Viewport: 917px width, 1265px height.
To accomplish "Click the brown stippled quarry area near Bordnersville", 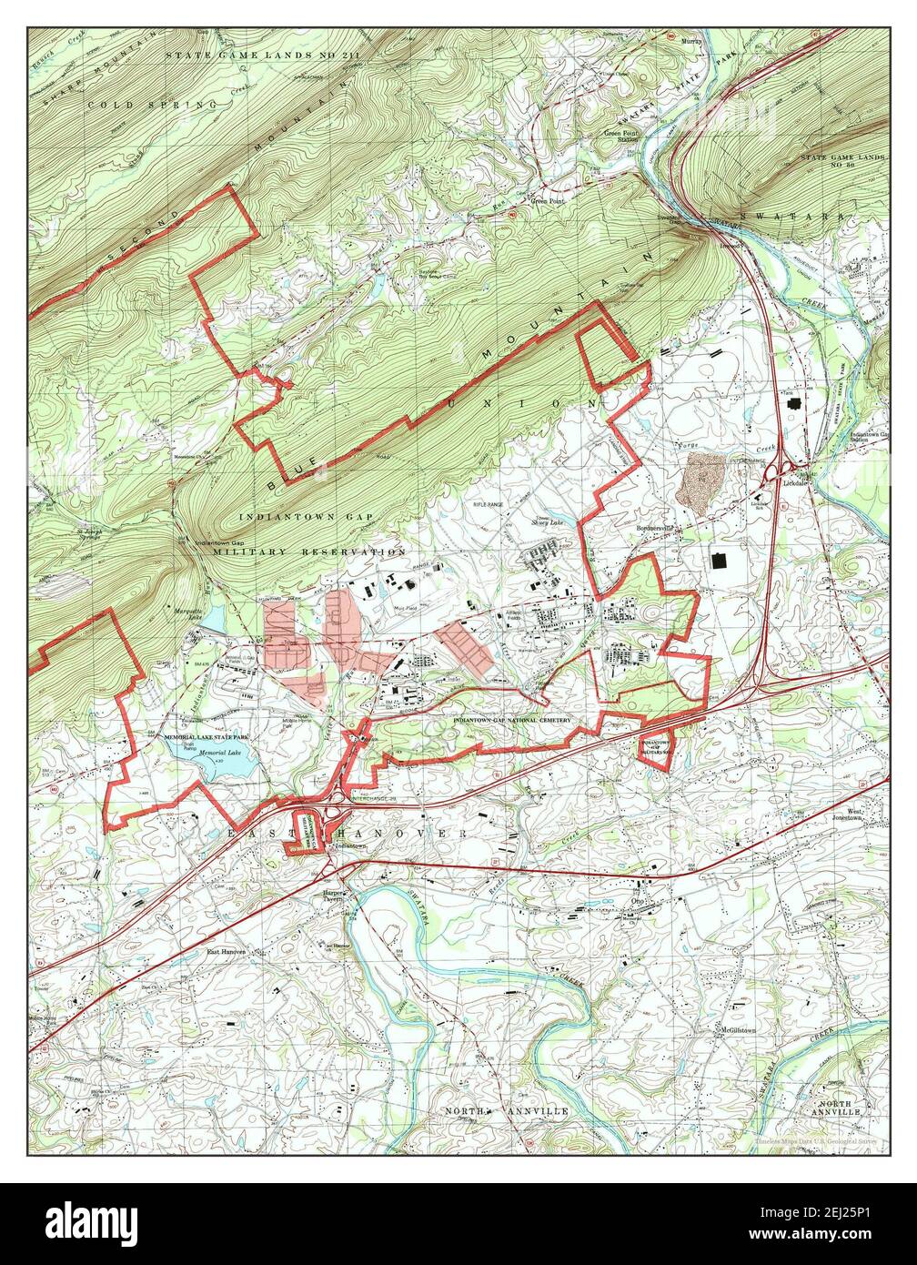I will pos(700,481).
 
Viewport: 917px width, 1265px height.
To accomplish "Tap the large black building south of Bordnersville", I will pos(720,560).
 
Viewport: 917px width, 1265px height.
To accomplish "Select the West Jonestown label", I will pos(853,815).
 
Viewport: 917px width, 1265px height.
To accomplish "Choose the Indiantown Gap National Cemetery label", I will pos(512,720).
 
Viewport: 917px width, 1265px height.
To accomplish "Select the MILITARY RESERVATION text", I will pos(309,552).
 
